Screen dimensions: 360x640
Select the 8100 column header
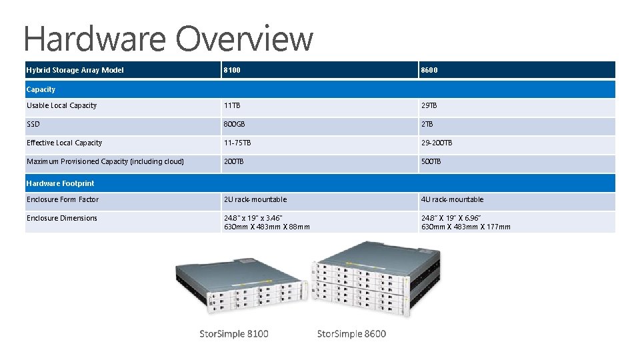pyautogui.click(x=232, y=70)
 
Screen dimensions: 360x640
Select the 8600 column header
pyautogui.click(x=429, y=70)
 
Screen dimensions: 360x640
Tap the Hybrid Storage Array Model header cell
pyautogui.click(x=75, y=70)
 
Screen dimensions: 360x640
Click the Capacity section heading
pyautogui.click(x=41, y=89)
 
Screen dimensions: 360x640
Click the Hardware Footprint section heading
pyautogui.click(x=60, y=183)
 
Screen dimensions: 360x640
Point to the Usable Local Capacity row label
pyautogui.click(x=61, y=105)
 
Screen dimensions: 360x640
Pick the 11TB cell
pyautogui.click(x=232, y=105)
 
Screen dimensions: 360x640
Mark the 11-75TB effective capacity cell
pyautogui.click(x=238, y=143)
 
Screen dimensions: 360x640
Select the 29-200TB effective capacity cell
pyautogui.click(x=437, y=143)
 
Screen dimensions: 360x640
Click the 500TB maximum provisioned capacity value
pyautogui.click(x=431, y=161)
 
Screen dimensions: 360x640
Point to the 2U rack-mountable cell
pyautogui.click(x=255, y=199)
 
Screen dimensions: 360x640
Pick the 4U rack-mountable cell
pyautogui.click(x=453, y=199)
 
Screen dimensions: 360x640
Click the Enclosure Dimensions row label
pyautogui.click(x=62, y=218)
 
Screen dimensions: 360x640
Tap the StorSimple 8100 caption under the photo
pyautogui.click(x=235, y=333)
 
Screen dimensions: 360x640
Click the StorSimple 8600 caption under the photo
pyautogui.click(x=351, y=333)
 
